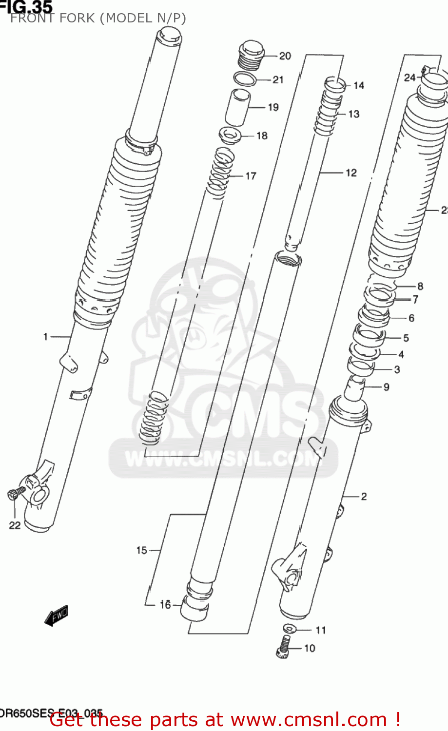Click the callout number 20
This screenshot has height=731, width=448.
[x=285, y=56]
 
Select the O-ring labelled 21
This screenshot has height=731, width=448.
[x=245, y=78]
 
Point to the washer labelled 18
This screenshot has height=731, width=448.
[x=231, y=135]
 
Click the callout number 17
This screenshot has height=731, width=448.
[x=251, y=176]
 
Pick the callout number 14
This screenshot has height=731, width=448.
[x=359, y=86]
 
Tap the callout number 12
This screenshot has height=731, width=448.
[x=351, y=173]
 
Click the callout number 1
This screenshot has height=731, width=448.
[x=45, y=336]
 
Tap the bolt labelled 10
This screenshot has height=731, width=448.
[x=284, y=647]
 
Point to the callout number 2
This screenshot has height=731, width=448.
[x=364, y=497]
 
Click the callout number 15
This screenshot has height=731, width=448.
[x=141, y=550]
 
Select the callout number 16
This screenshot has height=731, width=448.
[x=165, y=604]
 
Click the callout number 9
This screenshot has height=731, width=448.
[x=386, y=387]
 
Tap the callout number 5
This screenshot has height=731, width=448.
[x=406, y=338]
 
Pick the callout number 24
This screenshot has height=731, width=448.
[x=409, y=77]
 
